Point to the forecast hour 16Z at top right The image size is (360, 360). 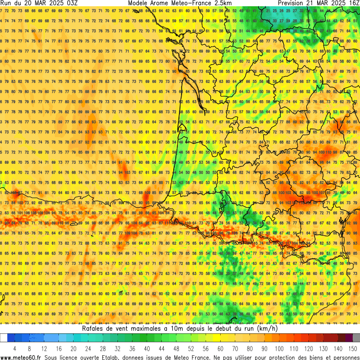[353, 3]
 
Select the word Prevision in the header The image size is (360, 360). [295, 3]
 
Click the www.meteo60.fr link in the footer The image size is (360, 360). [21, 357]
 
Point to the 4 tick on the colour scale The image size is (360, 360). [15, 348]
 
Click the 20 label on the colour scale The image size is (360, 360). [74, 348]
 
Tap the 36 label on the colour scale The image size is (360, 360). [133, 348]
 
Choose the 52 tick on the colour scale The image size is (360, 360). [191, 348]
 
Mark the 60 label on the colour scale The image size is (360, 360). [221, 348]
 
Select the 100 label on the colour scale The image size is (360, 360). [280, 348]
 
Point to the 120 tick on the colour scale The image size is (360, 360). [309, 348]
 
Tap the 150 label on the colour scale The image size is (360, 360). [353, 348]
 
